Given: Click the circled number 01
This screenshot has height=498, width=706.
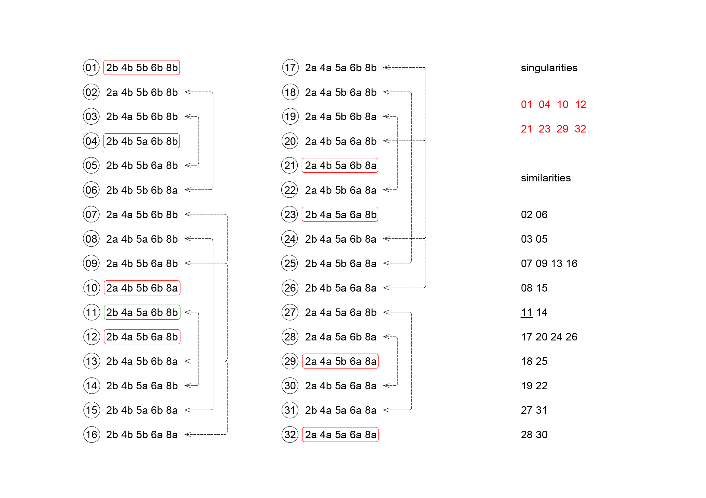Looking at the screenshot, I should (91, 68).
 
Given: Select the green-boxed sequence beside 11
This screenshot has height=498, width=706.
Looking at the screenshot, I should (142, 312).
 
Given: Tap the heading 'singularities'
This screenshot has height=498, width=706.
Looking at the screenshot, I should (549, 68).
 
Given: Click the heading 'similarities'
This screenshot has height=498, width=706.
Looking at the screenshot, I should (545, 178).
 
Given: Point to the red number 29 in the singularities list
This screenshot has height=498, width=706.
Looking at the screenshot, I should (562, 129).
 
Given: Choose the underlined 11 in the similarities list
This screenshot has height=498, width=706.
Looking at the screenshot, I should (526, 312).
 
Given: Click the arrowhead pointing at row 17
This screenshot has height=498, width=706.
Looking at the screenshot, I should (386, 68).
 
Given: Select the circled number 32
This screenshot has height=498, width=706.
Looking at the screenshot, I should (290, 435).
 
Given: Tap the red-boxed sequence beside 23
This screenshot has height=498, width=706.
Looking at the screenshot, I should (340, 215).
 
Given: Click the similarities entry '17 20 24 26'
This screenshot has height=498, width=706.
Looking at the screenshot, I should (549, 337).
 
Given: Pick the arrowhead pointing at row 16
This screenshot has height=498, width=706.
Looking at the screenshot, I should (187, 435).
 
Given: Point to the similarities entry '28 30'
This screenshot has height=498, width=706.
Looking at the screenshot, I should (534, 435).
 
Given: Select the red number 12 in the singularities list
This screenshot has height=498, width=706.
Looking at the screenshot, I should (580, 104).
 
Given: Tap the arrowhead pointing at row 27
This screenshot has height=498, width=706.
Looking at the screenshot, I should (386, 312).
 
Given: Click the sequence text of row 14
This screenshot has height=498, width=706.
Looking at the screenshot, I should (142, 386).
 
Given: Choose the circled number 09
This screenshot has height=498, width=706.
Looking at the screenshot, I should (91, 263).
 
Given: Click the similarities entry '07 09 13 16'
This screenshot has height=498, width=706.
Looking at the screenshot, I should (549, 263).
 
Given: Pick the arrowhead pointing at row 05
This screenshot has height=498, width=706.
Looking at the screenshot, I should (187, 165).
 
